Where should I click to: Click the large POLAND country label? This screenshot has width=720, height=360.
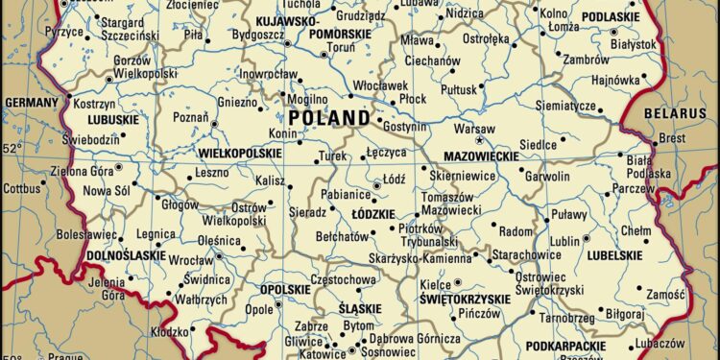click(x=328, y=117)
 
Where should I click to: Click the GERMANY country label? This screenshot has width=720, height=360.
click(x=32, y=102)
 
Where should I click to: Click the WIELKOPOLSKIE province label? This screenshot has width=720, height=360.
click(x=239, y=153)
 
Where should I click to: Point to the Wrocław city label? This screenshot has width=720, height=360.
click(x=190, y=260)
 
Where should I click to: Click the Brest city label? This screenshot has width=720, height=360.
click(x=672, y=138)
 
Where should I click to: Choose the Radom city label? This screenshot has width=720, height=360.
click(x=516, y=232)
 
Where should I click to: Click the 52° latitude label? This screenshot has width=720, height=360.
click(x=11, y=149)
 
